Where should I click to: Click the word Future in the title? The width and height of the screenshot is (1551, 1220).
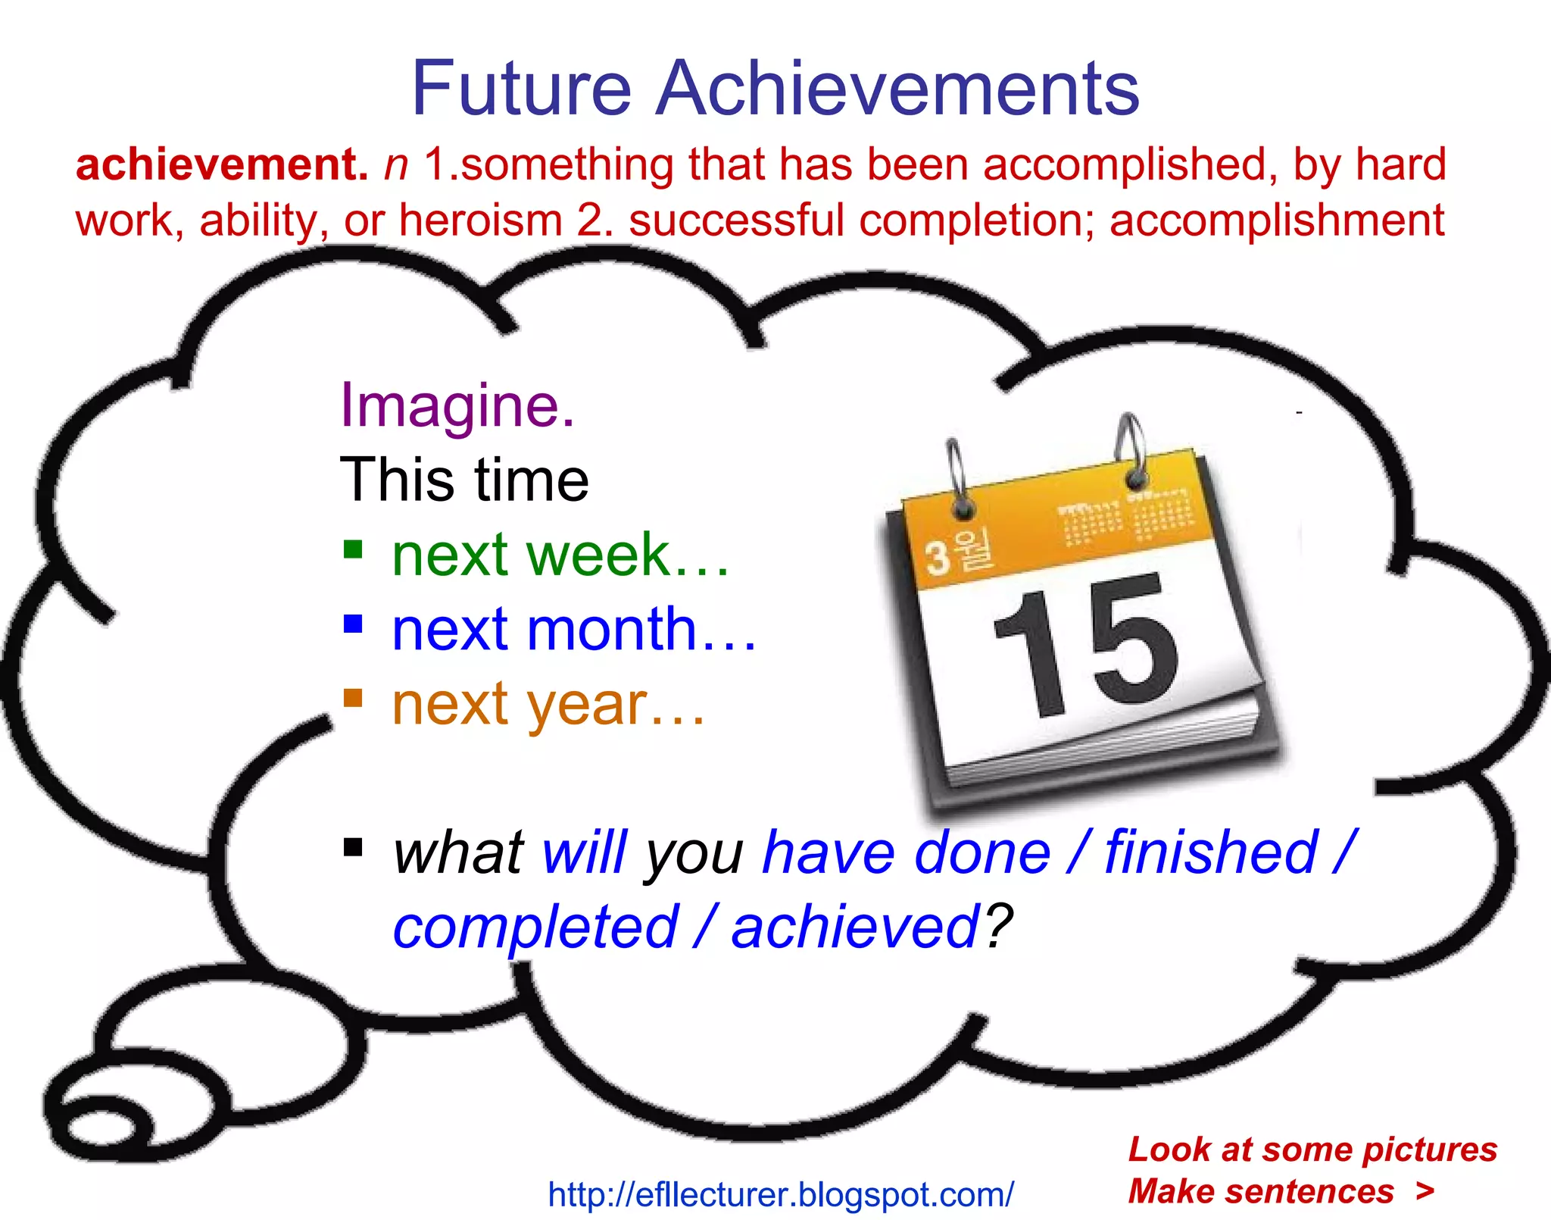[521, 89]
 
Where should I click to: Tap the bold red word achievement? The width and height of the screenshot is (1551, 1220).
[221, 164]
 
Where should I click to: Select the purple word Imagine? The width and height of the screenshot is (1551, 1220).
[457, 406]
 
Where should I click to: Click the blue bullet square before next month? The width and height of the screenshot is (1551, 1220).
[353, 624]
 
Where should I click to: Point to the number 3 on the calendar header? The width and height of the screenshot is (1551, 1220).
[938, 558]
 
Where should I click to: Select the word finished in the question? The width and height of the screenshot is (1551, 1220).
[1211, 852]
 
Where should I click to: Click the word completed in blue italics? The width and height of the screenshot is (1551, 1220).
[535, 928]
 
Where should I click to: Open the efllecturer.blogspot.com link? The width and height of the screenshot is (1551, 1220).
[780, 1195]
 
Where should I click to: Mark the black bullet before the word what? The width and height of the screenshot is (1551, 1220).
[353, 846]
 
